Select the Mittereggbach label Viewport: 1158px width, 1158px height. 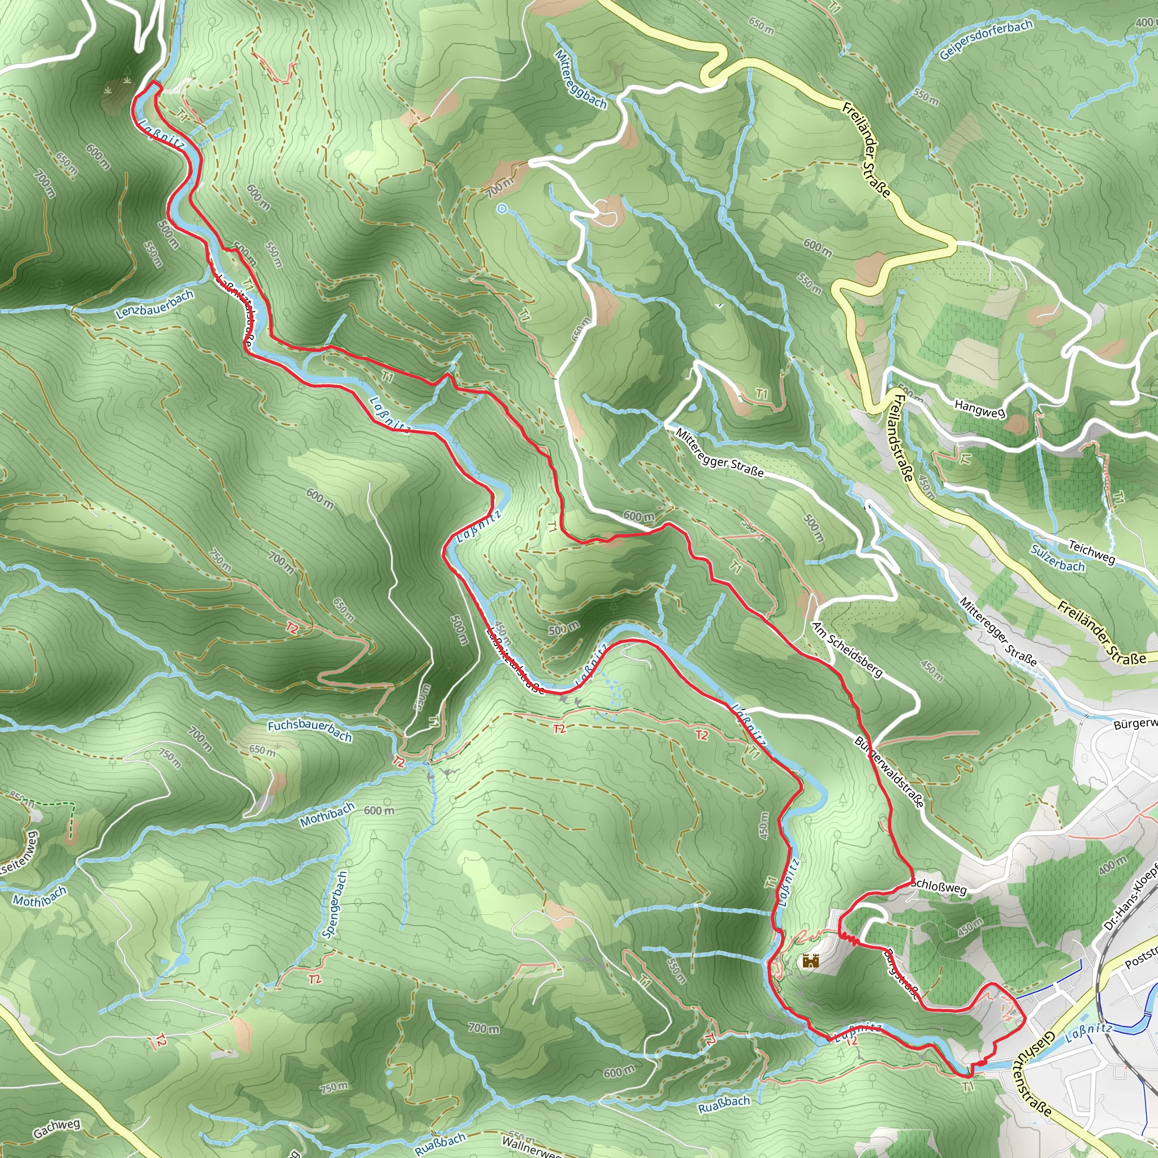coord(580,79)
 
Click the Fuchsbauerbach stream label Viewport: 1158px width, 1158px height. coord(309,730)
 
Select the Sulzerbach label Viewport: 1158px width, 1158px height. coord(1058,559)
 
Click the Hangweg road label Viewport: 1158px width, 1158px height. coord(979,409)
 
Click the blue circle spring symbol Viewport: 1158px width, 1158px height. coord(502,209)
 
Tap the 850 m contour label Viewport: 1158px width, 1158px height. coord(21,798)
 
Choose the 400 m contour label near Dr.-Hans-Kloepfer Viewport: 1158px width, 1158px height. coord(1113,865)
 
